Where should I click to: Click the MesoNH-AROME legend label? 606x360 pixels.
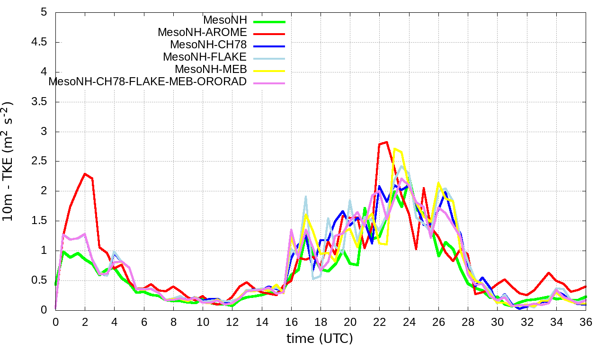(x=202, y=33)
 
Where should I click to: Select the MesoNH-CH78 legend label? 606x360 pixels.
(x=208, y=45)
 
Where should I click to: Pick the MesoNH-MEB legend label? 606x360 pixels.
(x=211, y=70)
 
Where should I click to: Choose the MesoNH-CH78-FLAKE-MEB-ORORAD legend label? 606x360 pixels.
(x=148, y=81)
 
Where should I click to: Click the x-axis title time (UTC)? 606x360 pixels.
(x=320, y=339)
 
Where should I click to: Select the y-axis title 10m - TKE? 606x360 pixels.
(x=9, y=161)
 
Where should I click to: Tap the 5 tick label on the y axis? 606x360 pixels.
(x=44, y=12)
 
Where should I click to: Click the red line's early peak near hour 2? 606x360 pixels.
(x=85, y=174)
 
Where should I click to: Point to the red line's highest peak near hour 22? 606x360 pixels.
(x=387, y=142)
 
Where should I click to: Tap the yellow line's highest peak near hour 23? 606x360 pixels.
(x=395, y=149)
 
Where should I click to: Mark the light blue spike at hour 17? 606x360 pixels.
(x=306, y=196)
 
